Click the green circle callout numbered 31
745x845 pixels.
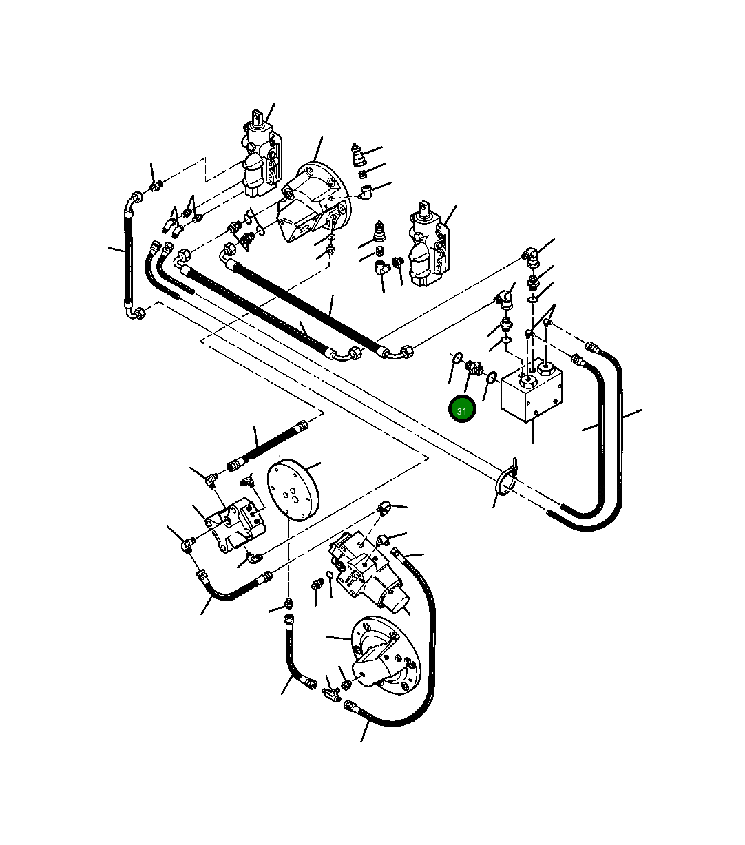click(x=461, y=410)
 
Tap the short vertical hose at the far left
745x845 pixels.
click(x=128, y=255)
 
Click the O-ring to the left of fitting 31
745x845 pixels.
click(x=456, y=357)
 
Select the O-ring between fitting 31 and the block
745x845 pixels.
click(x=491, y=377)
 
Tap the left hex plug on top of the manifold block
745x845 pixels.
click(x=528, y=378)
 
